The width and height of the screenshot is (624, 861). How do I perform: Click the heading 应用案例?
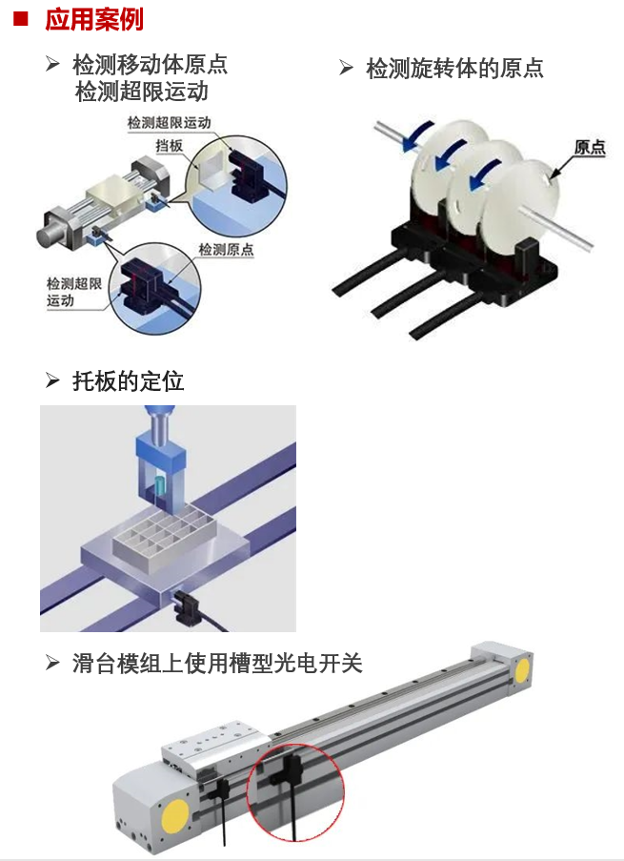[x=93, y=18]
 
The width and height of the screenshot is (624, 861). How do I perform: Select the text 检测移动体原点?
[x=150, y=65]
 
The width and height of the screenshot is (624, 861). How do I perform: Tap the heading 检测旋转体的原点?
[x=454, y=68]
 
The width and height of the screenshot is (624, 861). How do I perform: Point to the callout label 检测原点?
[x=226, y=250]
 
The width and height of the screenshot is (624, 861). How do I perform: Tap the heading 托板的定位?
[x=128, y=382]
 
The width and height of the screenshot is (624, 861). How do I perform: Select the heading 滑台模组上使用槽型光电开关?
[x=217, y=663]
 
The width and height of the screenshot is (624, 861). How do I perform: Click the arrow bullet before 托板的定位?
[x=52, y=382]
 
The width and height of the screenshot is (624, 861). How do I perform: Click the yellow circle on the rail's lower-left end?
[x=175, y=815]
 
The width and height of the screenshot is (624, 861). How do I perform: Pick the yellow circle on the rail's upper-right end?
[x=521, y=670]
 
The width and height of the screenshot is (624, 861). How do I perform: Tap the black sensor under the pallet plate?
[x=185, y=603]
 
